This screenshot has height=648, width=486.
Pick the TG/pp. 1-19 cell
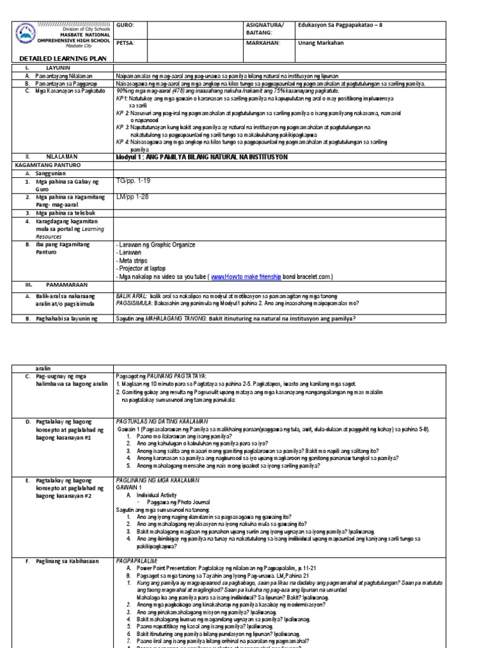pos(134,181)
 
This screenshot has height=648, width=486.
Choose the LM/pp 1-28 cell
pos(133,197)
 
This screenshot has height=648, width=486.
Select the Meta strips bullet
pos(133,260)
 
